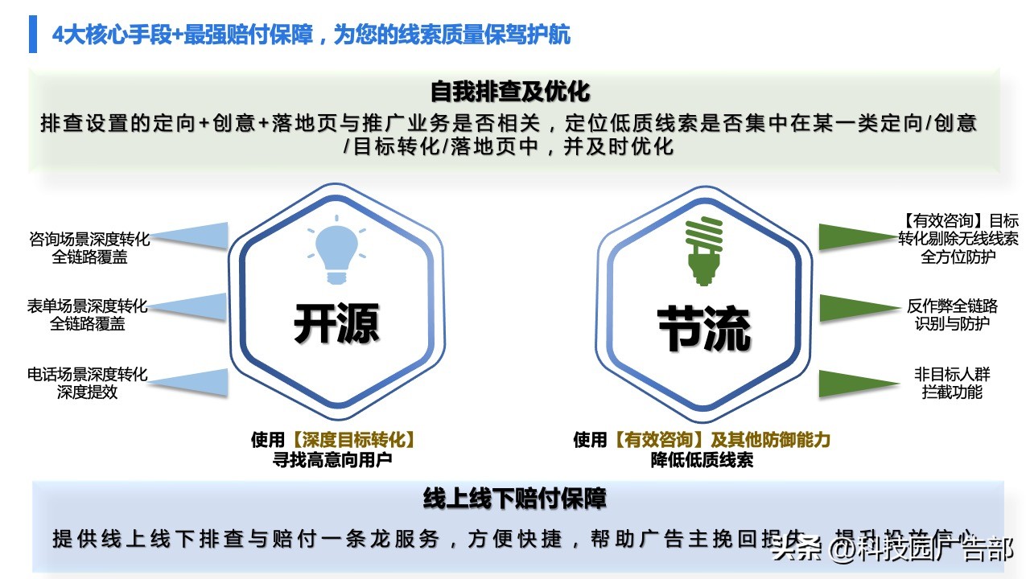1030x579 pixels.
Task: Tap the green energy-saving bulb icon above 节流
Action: [702, 252]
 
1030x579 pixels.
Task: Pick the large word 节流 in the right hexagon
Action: [703, 327]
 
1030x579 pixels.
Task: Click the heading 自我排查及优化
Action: [510, 91]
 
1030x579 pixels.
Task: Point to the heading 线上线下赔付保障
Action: [514, 499]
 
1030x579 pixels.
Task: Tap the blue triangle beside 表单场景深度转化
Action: [197, 307]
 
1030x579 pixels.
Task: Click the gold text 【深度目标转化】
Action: [355, 440]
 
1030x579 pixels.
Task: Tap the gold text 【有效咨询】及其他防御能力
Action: [721, 440]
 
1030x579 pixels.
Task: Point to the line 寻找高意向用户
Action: [333, 460]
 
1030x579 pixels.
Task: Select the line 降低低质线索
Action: [702, 460]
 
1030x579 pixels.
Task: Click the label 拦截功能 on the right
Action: [952, 392]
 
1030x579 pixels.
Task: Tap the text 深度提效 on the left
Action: [87, 392]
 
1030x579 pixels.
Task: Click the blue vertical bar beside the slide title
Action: [33, 35]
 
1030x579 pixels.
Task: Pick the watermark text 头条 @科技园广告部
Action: [892, 549]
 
